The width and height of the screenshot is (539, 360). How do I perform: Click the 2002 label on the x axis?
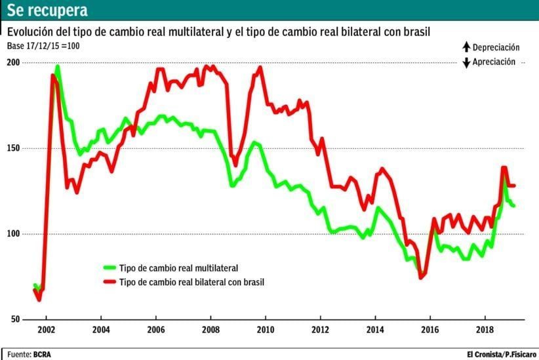click(46, 329)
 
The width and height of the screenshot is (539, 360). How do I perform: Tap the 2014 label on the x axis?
click(375, 329)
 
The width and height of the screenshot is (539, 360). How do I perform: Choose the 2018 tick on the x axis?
click(485, 329)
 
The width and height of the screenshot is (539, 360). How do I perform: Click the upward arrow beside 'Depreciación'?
click(466, 47)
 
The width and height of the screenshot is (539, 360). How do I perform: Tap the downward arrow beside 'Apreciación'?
click(466, 63)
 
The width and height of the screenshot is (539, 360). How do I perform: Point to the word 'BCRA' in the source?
click(42, 354)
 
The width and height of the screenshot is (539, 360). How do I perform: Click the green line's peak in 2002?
click(58, 66)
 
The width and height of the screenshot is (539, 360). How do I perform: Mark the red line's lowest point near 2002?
click(39, 300)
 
